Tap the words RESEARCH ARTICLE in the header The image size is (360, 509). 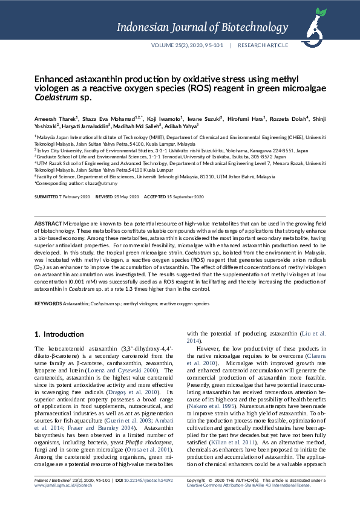coord(263,45)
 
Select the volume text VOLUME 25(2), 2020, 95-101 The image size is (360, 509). coord(188,45)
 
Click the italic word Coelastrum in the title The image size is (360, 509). coord(53,97)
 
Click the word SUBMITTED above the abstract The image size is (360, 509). coord(47,197)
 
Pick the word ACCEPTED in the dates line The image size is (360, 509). coord(154,197)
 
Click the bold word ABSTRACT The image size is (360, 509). coord(48,224)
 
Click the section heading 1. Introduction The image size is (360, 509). coord(59,334)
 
